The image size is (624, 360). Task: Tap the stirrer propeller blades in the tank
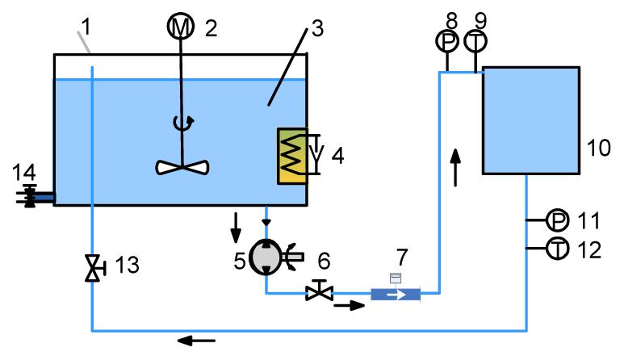tap(184, 166)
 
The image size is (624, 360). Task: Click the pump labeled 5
tap(267, 257)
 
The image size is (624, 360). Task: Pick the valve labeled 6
tap(317, 291)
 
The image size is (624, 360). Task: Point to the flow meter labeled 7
tap(396, 293)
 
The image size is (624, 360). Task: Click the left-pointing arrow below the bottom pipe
tap(196, 341)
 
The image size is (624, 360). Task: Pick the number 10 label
tap(599, 149)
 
